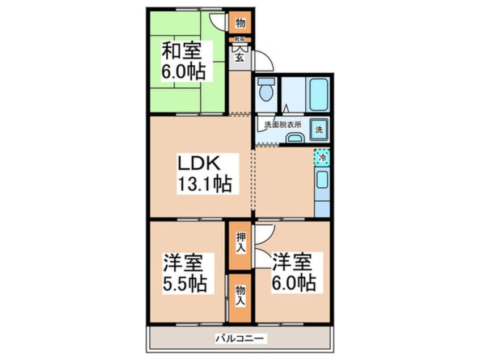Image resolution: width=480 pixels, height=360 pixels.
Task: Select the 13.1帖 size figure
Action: pyautogui.click(x=205, y=184)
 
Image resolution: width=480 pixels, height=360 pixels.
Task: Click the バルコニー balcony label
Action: pyautogui.click(x=240, y=339)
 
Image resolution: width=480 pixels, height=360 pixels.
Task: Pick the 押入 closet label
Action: pyautogui.click(x=240, y=244)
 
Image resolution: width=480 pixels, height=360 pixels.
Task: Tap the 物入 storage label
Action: pyautogui.click(x=240, y=296)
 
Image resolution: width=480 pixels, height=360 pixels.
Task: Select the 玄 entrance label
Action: pyautogui.click(x=239, y=57)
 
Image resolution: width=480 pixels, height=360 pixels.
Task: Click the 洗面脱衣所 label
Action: pyautogui.click(x=283, y=124)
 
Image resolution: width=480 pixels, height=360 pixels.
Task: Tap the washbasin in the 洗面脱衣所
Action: pyautogui.click(x=294, y=137)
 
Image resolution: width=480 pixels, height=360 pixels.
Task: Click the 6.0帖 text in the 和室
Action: pyautogui.click(x=183, y=71)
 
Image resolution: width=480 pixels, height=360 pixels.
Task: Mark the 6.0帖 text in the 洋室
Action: pyautogui.click(x=293, y=282)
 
